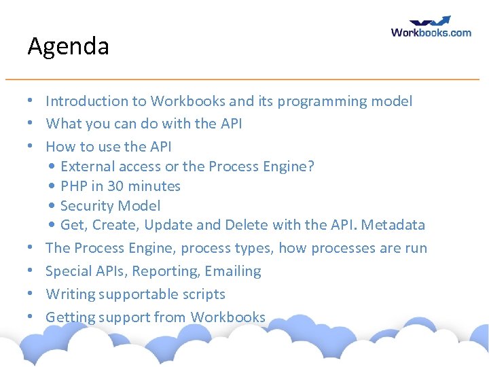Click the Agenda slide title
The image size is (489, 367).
click(x=68, y=47)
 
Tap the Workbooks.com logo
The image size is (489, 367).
click(x=431, y=27)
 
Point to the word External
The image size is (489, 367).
click(x=85, y=167)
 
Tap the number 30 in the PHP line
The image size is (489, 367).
click(x=115, y=186)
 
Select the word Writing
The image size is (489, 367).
click(x=70, y=294)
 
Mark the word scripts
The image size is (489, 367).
click(x=204, y=294)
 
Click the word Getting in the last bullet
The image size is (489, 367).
click(x=71, y=317)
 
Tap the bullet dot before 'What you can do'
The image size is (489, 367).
click(x=31, y=124)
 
